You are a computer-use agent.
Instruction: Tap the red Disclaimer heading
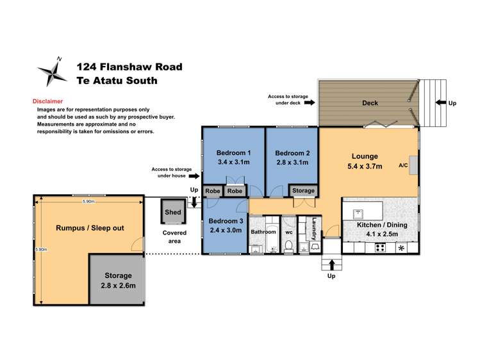47,101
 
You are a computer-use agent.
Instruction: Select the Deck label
370,102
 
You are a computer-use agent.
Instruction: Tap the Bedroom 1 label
233,152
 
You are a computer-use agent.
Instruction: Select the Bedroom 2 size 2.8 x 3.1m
292,163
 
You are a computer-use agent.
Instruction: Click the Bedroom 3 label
226,221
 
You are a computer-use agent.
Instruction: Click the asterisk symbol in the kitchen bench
401,248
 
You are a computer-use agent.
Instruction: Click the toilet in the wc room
288,246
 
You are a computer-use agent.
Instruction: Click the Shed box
173,211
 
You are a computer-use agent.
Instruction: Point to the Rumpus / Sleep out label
90,227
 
